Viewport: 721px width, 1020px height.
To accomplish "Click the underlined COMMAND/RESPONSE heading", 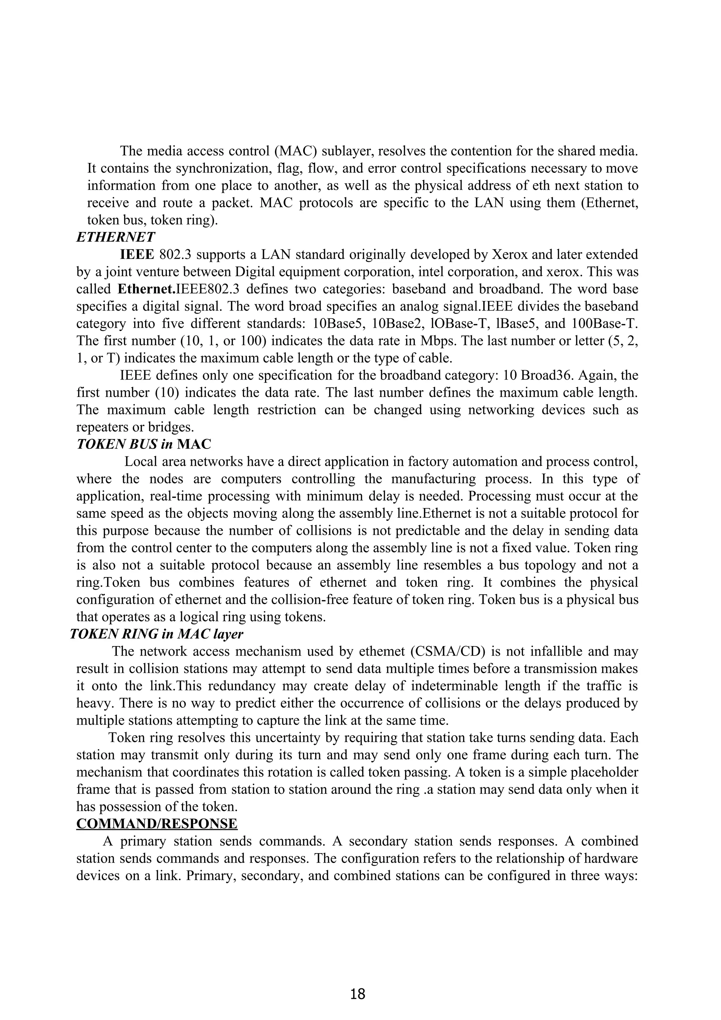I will point(157,823).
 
